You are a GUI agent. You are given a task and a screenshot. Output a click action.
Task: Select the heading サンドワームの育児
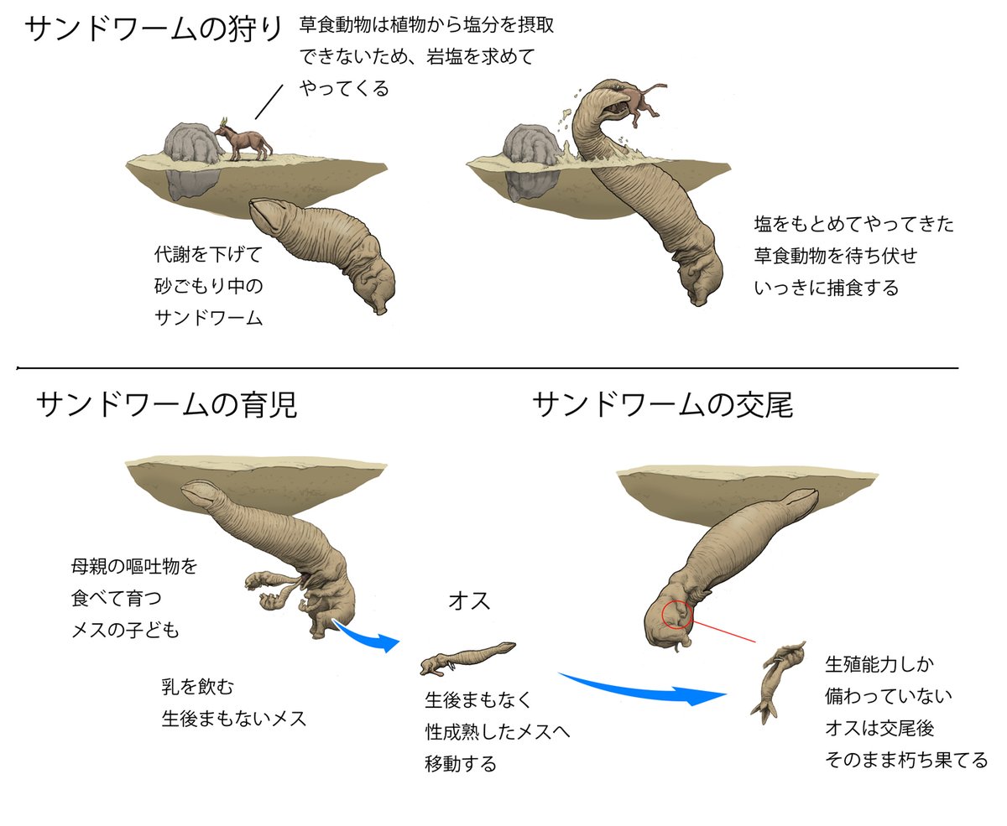tap(166, 407)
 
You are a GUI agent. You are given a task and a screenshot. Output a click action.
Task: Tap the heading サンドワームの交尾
tap(662, 407)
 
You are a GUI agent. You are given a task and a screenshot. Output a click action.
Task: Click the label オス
tap(469, 601)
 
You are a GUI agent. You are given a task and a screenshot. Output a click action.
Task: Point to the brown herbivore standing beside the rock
tap(244, 141)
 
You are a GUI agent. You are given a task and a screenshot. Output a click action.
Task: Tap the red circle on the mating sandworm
tap(676, 616)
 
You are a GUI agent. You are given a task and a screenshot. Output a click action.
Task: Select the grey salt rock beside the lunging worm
tap(529, 144)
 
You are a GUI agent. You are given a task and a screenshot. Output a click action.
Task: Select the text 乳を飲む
tap(197, 687)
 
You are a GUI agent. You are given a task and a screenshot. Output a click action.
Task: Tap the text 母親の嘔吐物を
tap(134, 567)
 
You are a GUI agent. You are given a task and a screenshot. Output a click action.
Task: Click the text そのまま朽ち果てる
tap(906, 760)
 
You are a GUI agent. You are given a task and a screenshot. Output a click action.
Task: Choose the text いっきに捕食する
tap(826, 288)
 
